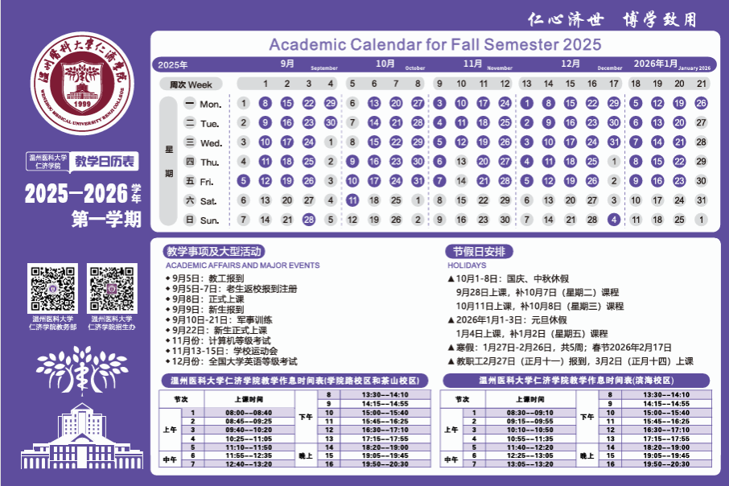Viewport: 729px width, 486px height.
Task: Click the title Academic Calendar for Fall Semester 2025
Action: coord(435,45)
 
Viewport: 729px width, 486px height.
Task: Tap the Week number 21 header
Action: coord(701,84)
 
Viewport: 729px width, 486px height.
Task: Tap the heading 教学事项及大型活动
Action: coord(213,252)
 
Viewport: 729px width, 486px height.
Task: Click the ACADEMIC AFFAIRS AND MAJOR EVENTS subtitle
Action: coord(242,266)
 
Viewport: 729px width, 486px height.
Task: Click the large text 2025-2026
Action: coord(76,193)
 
